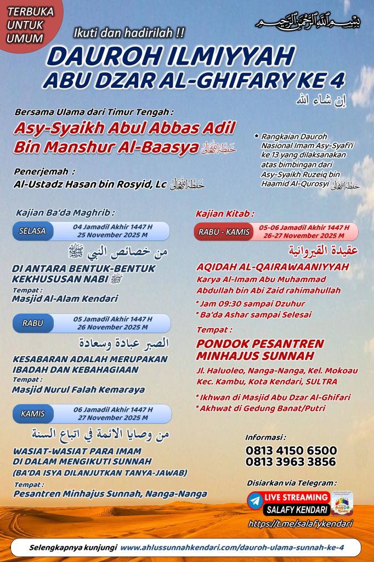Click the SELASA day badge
coord(32,231)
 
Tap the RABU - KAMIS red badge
coord(223,232)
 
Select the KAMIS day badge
coord(32,413)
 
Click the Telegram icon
coord(255,501)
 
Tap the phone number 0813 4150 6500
coord(291,451)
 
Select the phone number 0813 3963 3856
coord(291,462)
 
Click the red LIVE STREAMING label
coord(297,496)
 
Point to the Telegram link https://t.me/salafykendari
coord(300,524)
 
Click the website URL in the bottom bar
coord(232,548)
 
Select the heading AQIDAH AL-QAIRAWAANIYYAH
coord(273,267)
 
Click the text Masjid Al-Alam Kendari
coord(65,299)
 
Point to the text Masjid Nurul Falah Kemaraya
coord(78,390)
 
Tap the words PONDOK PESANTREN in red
coord(259,344)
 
